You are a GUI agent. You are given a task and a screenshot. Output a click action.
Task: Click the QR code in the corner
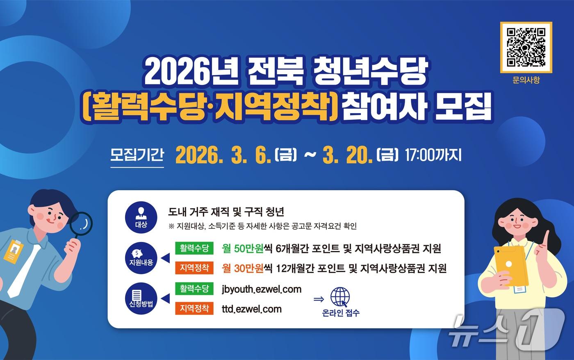526,47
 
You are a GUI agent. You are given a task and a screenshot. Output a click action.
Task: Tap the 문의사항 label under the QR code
526,80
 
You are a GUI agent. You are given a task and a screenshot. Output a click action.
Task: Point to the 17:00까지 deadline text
433,155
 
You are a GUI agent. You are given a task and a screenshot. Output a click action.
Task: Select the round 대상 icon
141,217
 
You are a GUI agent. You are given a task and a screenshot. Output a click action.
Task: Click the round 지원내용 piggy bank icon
141,258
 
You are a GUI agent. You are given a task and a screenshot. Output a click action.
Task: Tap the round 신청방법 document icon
141,298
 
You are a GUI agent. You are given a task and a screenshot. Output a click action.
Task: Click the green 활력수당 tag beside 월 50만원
194,248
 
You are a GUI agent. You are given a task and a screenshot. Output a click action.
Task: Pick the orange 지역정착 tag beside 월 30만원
194,268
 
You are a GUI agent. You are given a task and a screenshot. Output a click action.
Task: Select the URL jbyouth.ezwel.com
262,289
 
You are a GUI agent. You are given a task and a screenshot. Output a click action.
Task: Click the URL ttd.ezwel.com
252,309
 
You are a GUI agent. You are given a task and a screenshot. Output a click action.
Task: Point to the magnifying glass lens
81,224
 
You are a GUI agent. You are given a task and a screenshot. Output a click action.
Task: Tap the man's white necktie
24,271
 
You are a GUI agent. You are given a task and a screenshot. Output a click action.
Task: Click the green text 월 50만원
242,248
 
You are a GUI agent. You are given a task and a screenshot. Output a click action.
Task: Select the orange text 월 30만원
242,269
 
